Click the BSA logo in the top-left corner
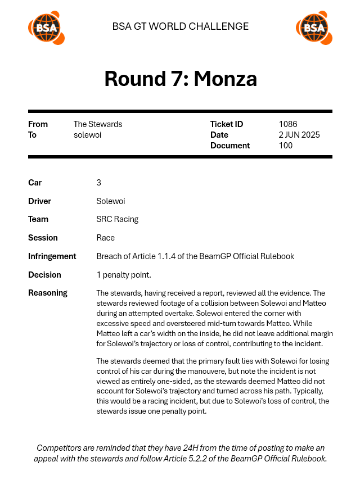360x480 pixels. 46,28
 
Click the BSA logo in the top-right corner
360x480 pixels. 314,28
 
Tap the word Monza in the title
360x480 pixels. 225,79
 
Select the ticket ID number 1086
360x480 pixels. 287,124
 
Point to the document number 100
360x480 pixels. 285,146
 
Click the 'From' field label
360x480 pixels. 38,124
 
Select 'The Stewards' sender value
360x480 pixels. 97,124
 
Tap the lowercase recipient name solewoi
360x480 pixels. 87,135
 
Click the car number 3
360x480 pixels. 99,183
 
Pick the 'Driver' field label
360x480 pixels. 39,201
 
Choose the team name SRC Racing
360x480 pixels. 117,219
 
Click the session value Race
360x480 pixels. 106,238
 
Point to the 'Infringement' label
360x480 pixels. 52,256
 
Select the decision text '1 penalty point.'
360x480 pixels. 124,275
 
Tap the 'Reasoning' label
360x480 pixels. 47,293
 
